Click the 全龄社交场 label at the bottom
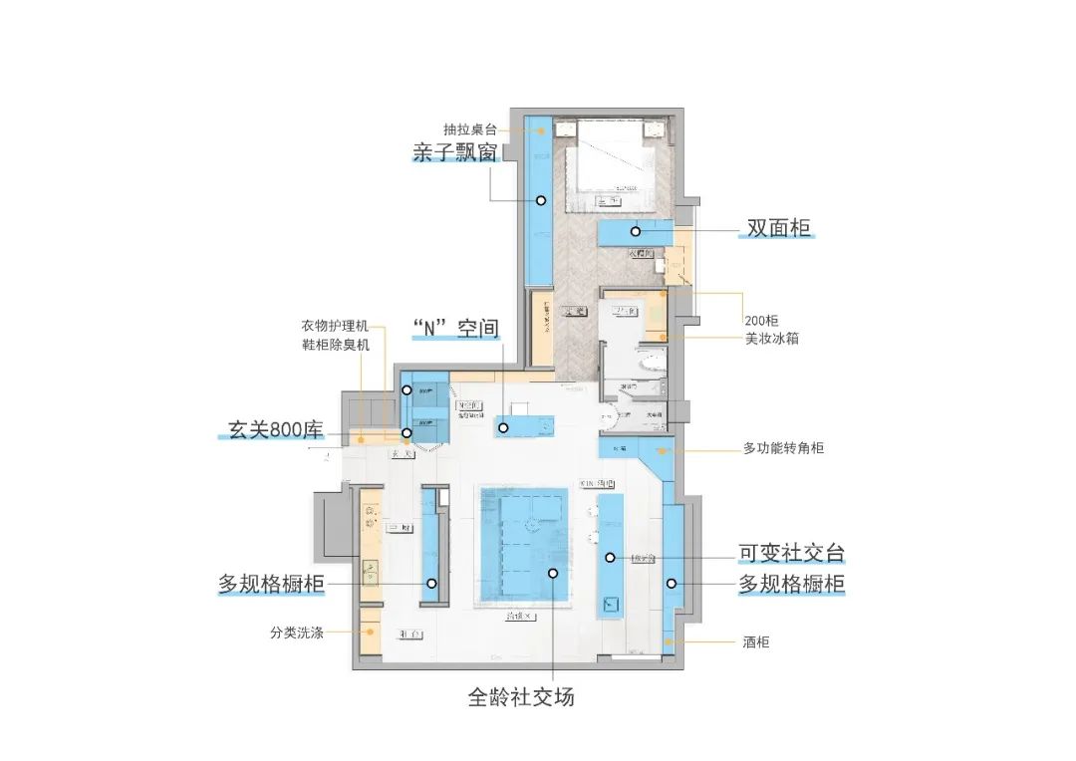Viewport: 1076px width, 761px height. pos(521,697)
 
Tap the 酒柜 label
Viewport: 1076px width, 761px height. pos(756,642)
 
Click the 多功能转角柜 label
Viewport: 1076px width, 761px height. pos(784,449)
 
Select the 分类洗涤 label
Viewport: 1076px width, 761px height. pos(296,632)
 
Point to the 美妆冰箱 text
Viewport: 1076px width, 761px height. pos(771,339)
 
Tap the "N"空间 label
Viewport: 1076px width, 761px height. pos(454,329)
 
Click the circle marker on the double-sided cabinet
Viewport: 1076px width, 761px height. pos(635,231)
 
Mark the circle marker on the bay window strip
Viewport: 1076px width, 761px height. pos(540,200)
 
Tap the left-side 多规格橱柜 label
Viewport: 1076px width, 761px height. pos(271,584)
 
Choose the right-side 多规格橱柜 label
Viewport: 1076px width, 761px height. pos(791,584)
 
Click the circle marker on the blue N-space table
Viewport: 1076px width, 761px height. pos(504,428)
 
